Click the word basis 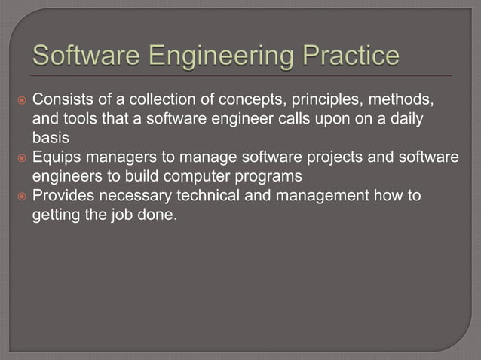click(50, 139)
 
